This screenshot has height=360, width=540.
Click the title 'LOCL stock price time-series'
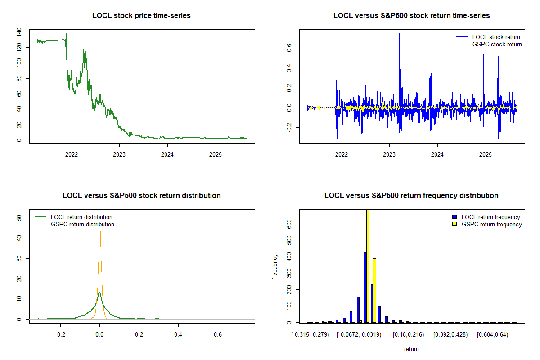point(141,16)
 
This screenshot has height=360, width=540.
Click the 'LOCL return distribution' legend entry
point(81,217)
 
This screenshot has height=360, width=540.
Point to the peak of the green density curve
point(99,292)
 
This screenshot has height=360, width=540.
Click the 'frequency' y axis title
point(275,266)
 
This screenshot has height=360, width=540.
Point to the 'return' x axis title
point(411,349)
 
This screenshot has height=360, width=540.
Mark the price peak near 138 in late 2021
point(66,34)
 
